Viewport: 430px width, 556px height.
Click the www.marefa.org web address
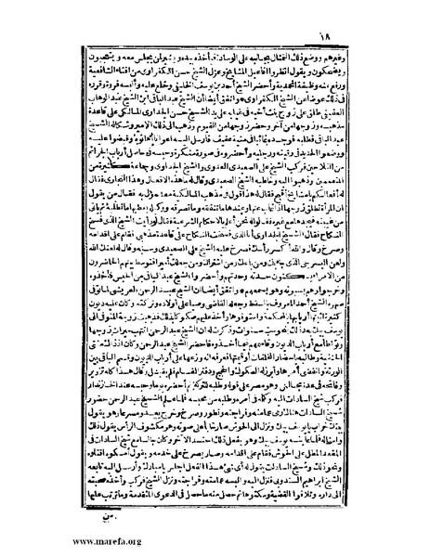tap(47, 543)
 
